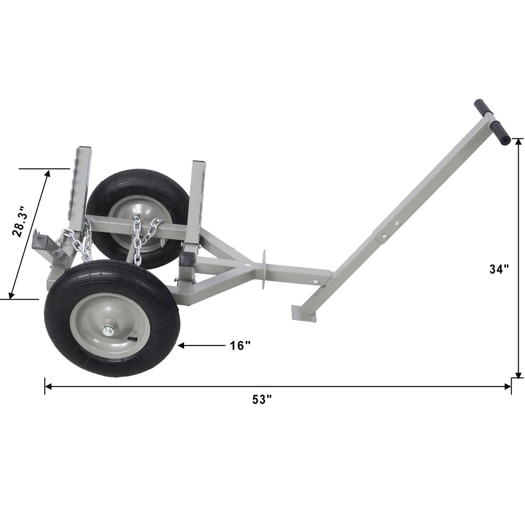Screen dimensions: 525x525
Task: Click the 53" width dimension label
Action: click(262, 400)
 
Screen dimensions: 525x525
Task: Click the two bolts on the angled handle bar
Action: click(389, 229)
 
